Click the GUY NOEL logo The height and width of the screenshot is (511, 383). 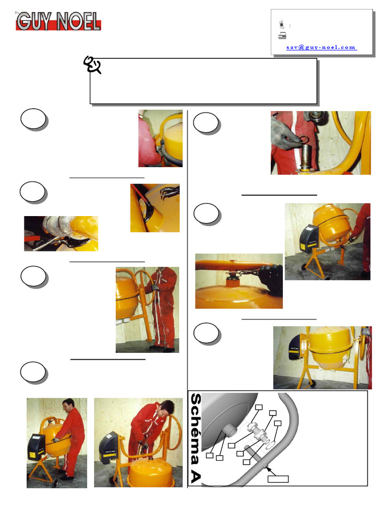click(x=58, y=21)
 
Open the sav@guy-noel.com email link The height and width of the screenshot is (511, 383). click(x=322, y=47)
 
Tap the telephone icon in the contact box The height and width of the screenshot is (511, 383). click(x=282, y=24)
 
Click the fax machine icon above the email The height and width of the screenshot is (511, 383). click(x=282, y=35)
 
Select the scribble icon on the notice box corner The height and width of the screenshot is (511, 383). click(x=92, y=64)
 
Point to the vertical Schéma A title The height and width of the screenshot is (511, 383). click(x=195, y=438)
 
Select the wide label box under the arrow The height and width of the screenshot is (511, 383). click(x=278, y=479)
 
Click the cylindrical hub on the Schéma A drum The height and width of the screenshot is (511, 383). click(x=230, y=431)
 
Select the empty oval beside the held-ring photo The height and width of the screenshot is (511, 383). click(x=206, y=123)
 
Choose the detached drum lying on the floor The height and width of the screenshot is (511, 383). click(x=153, y=473)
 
